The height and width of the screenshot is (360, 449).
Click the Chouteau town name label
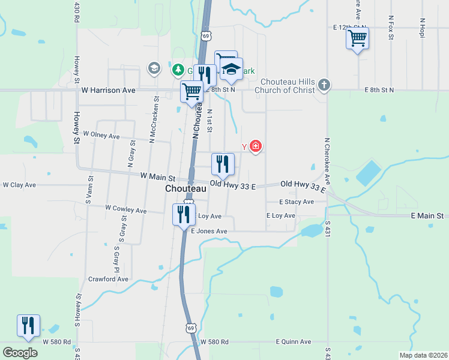coord(186,188)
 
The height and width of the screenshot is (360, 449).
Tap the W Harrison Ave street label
coord(109,90)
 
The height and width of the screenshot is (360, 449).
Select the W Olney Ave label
coord(101,135)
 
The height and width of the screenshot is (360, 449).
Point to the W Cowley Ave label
coord(125,209)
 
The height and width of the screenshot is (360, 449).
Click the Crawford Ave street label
coord(108,279)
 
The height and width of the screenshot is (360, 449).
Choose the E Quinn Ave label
coord(294,341)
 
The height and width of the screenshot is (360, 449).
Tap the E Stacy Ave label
coord(297,202)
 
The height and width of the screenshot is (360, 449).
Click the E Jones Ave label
coord(209,231)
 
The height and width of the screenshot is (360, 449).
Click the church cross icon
coord(324,85)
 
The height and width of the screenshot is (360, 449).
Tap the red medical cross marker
coord(256,146)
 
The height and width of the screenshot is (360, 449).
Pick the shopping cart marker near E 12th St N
coord(357,38)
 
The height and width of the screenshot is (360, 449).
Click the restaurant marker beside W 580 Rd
coord(28,325)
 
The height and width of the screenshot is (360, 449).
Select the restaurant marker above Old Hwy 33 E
coord(222,163)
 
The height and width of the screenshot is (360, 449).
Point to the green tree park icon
coord(178,70)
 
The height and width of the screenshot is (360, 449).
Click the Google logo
coord(20,353)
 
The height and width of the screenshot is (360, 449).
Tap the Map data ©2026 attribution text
coord(423,355)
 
